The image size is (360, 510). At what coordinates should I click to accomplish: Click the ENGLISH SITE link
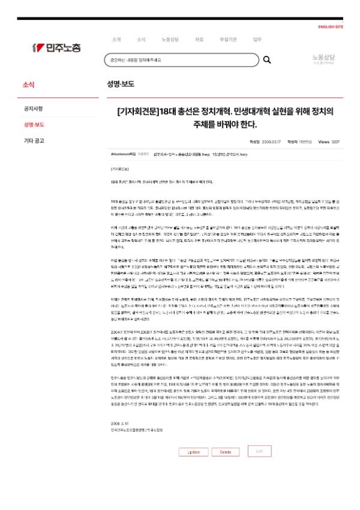pyautogui.click(x=331, y=27)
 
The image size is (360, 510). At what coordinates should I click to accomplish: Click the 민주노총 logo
pyautogui.click(x=57, y=47)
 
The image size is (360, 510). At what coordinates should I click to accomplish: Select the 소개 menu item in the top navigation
pyautogui.click(x=116, y=40)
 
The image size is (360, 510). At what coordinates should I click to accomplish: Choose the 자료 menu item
pyautogui.click(x=199, y=40)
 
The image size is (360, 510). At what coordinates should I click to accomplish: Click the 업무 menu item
pyautogui.click(x=257, y=40)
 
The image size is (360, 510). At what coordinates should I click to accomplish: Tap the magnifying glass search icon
pyautogui.click(x=267, y=60)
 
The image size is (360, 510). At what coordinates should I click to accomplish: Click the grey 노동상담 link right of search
pyautogui.click(x=323, y=58)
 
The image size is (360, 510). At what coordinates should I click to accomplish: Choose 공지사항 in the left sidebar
pyautogui.click(x=33, y=109)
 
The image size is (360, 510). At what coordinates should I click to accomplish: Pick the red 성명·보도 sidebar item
pyautogui.click(x=34, y=125)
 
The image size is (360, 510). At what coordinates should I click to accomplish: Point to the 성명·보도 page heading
pyautogui.click(x=121, y=84)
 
